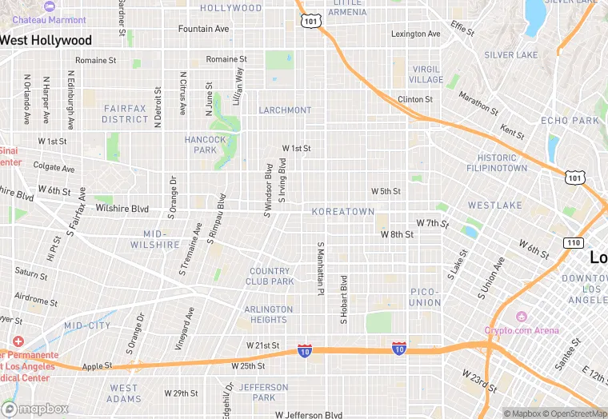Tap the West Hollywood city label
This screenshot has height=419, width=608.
pos(46,40)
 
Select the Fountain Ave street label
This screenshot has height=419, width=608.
pos(203,29)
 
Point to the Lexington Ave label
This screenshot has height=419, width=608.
pos(415,34)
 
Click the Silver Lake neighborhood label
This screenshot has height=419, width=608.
pos(511,55)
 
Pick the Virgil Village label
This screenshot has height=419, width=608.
pos(426,74)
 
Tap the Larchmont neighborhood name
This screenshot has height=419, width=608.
pos(285,110)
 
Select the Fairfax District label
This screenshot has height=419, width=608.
pos(125,114)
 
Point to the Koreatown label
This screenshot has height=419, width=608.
pos(343,212)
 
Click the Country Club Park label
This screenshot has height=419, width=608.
pos(271,276)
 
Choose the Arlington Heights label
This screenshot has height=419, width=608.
pos(269,314)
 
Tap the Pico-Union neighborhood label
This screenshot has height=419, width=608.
pos(425,297)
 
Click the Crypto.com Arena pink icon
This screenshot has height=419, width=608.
pos(522,317)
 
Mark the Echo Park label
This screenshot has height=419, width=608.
pos(570,121)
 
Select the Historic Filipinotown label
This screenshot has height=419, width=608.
pos(502,163)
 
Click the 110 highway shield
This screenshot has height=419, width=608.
pos(573,242)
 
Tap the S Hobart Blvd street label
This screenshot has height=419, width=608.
pos(344,300)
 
